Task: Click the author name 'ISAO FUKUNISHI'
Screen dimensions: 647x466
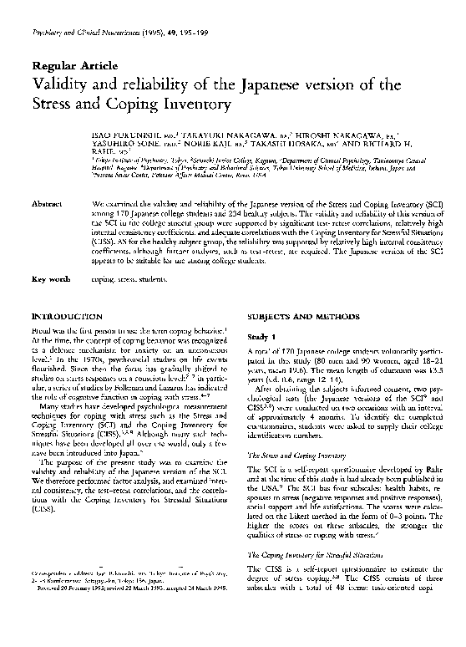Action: coord(122,134)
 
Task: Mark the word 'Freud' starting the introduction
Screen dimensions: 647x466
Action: coord(39,333)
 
